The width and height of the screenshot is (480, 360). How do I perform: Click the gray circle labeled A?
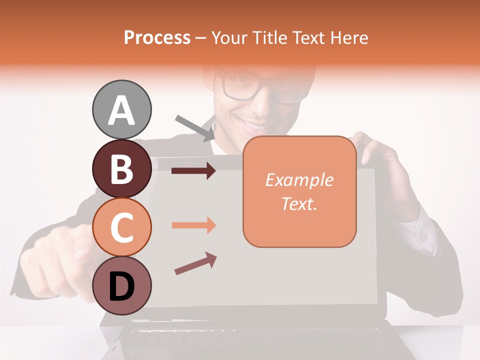coord(121,109)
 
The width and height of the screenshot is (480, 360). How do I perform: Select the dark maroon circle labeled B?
coord(121,168)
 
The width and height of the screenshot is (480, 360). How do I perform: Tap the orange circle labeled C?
coord(121,227)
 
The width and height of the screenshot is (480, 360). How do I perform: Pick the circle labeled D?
coord(121,286)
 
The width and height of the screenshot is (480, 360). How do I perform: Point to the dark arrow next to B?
coord(193,171)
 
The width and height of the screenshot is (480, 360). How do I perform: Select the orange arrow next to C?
coord(193,225)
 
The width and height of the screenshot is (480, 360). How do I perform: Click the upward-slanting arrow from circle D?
coord(195,263)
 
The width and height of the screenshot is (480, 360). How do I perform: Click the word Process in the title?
coord(157,37)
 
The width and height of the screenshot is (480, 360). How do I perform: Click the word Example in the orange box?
coord(299,180)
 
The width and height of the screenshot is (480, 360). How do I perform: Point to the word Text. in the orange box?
coord(299,203)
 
